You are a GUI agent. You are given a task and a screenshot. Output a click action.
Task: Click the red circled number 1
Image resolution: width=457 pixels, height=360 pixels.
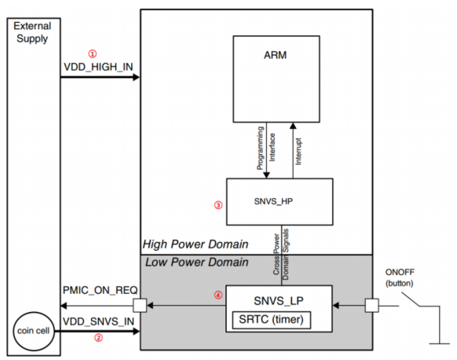click(93, 53)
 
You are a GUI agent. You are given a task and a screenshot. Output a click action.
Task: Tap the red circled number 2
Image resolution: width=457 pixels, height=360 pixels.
click(98, 338)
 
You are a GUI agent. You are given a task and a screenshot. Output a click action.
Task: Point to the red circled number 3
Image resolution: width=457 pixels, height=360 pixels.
click(218, 205)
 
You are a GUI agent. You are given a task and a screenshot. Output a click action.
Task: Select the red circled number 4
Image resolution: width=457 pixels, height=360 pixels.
click(218, 295)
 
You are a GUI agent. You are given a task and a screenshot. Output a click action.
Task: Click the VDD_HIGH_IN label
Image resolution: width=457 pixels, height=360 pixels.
click(98, 67)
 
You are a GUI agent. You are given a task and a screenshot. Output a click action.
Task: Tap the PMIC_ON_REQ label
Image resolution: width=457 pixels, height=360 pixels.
click(101, 290)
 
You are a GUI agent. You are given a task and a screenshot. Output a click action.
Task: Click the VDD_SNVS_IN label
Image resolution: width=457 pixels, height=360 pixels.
click(98, 321)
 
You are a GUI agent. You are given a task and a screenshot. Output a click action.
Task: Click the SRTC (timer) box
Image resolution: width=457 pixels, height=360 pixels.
click(272, 320)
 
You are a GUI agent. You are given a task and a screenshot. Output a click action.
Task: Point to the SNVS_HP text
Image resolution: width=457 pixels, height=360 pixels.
click(273, 201)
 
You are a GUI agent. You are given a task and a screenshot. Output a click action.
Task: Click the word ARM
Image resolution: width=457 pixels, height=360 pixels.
click(275, 55)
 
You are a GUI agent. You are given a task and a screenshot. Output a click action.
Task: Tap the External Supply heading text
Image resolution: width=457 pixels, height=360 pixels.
click(32, 32)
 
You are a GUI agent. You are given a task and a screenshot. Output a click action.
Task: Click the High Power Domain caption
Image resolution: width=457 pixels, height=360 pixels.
click(196, 244)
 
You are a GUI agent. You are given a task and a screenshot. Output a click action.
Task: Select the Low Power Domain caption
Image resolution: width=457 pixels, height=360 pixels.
click(197, 262)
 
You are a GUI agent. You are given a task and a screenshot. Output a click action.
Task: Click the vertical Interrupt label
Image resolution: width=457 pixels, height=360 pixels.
click(298, 152)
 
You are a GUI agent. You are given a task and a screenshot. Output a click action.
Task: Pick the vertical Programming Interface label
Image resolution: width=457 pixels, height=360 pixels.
click(266, 148)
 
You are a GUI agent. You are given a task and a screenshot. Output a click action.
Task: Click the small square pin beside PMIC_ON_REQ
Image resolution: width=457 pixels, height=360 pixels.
click(140, 306)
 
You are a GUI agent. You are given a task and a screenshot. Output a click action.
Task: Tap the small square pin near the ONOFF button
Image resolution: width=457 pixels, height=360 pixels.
click(372, 306)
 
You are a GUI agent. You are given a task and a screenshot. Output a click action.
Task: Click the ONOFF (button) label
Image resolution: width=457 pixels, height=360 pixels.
click(400, 277)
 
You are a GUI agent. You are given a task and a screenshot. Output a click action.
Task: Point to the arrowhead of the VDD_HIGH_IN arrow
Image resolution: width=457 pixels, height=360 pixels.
click(137, 77)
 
